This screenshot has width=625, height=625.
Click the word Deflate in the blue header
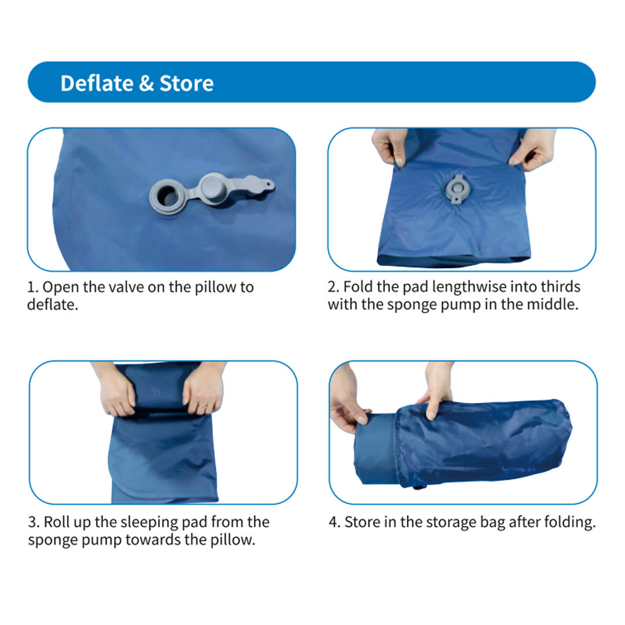pyautogui.click(x=97, y=83)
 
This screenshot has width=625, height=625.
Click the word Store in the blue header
pyautogui.click(x=186, y=83)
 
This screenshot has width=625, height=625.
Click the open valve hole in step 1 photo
pyautogui.click(x=168, y=196)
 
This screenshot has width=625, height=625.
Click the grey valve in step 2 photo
pyautogui.click(x=457, y=189)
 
